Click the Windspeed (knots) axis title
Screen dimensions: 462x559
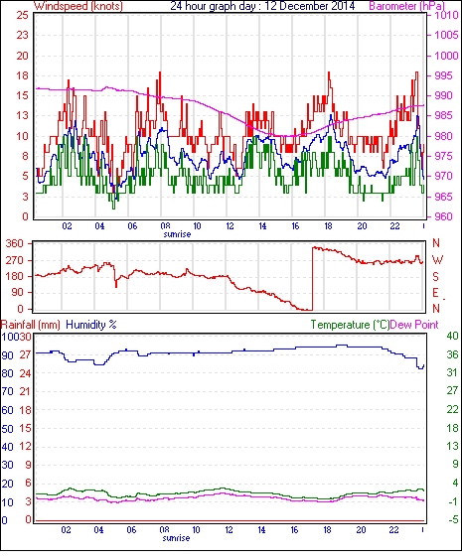(x=78, y=6)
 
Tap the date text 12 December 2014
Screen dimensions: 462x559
(x=310, y=6)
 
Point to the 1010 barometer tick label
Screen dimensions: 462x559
(x=446, y=15)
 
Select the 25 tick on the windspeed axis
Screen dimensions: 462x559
(x=22, y=15)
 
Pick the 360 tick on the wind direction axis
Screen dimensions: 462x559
(x=15, y=244)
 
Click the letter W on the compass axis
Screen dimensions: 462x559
(x=437, y=260)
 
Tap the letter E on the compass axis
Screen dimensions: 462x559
(x=435, y=293)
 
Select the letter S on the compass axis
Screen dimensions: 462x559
(x=435, y=277)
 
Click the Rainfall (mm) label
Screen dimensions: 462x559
(x=31, y=325)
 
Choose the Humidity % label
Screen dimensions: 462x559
(x=91, y=325)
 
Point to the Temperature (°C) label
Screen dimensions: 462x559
(x=350, y=325)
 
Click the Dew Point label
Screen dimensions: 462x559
(x=414, y=325)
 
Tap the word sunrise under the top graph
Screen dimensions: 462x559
(x=177, y=234)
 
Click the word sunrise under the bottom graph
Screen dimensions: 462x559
(x=176, y=538)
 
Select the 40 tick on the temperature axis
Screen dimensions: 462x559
(x=452, y=336)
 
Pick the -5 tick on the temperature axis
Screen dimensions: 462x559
(x=452, y=520)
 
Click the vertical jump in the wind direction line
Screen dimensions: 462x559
(x=312, y=278)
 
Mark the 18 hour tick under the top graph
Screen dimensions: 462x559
(x=328, y=226)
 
